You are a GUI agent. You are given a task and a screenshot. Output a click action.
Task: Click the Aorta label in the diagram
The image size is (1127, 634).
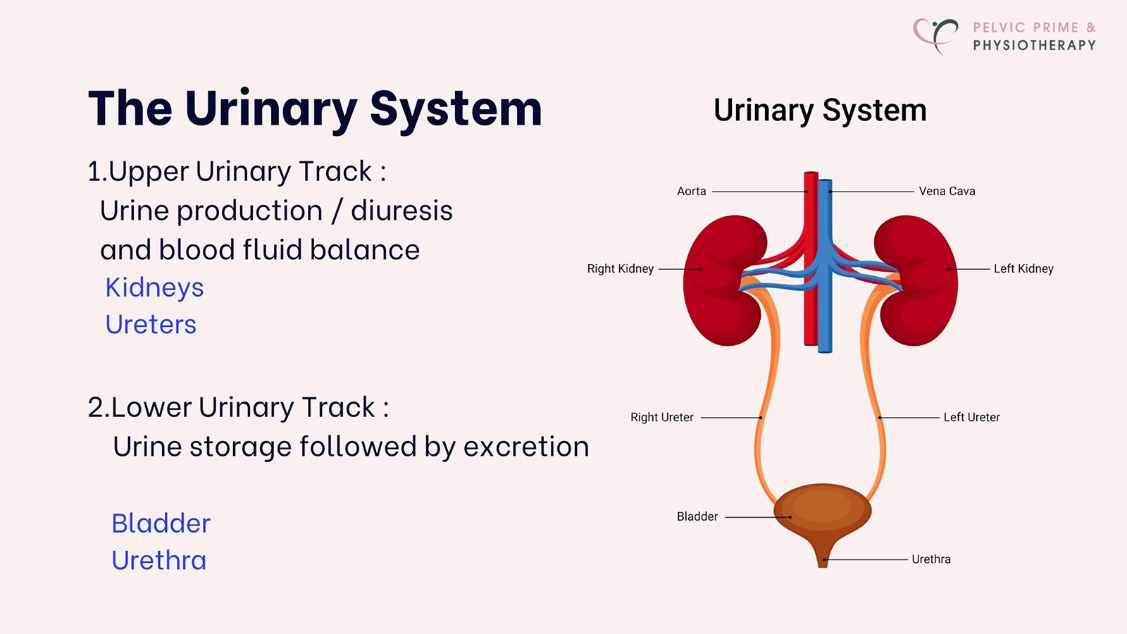[691, 191]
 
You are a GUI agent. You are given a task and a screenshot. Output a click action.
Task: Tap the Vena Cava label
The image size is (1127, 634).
[947, 191]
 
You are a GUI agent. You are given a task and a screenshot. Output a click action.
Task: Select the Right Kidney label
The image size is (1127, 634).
[620, 268]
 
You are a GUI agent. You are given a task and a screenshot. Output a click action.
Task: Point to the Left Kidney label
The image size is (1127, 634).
[1023, 268]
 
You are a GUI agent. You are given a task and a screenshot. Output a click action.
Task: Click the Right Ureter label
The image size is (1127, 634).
[661, 417]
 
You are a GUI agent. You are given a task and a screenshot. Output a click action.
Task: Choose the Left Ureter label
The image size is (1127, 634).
[971, 417]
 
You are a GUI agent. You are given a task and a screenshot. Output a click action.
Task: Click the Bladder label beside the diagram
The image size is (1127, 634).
[697, 516]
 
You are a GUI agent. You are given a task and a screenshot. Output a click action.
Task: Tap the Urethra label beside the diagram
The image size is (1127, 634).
[930, 559]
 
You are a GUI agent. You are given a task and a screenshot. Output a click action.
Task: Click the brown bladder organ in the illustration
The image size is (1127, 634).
[822, 511]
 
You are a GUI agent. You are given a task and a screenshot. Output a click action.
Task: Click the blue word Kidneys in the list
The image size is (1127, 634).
[154, 288]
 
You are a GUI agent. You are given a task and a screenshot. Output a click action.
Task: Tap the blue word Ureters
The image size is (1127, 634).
[151, 325]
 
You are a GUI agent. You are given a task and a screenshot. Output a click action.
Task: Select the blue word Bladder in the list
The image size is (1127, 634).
[161, 523]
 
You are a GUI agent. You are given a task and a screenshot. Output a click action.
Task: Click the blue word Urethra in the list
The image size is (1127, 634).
[159, 561]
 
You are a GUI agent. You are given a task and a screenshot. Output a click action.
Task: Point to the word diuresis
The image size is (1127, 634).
[401, 211]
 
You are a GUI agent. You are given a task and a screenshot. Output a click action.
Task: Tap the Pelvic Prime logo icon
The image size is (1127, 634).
[936, 35]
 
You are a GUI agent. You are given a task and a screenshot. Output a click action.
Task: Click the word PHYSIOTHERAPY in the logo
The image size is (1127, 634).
[1034, 45]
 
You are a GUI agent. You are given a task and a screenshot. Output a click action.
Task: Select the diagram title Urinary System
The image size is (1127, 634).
[820, 111]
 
